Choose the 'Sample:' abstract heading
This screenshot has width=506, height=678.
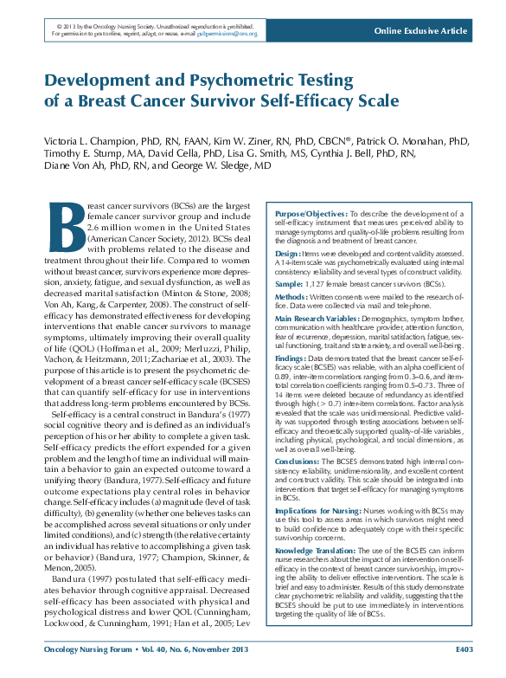click(289, 284)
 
